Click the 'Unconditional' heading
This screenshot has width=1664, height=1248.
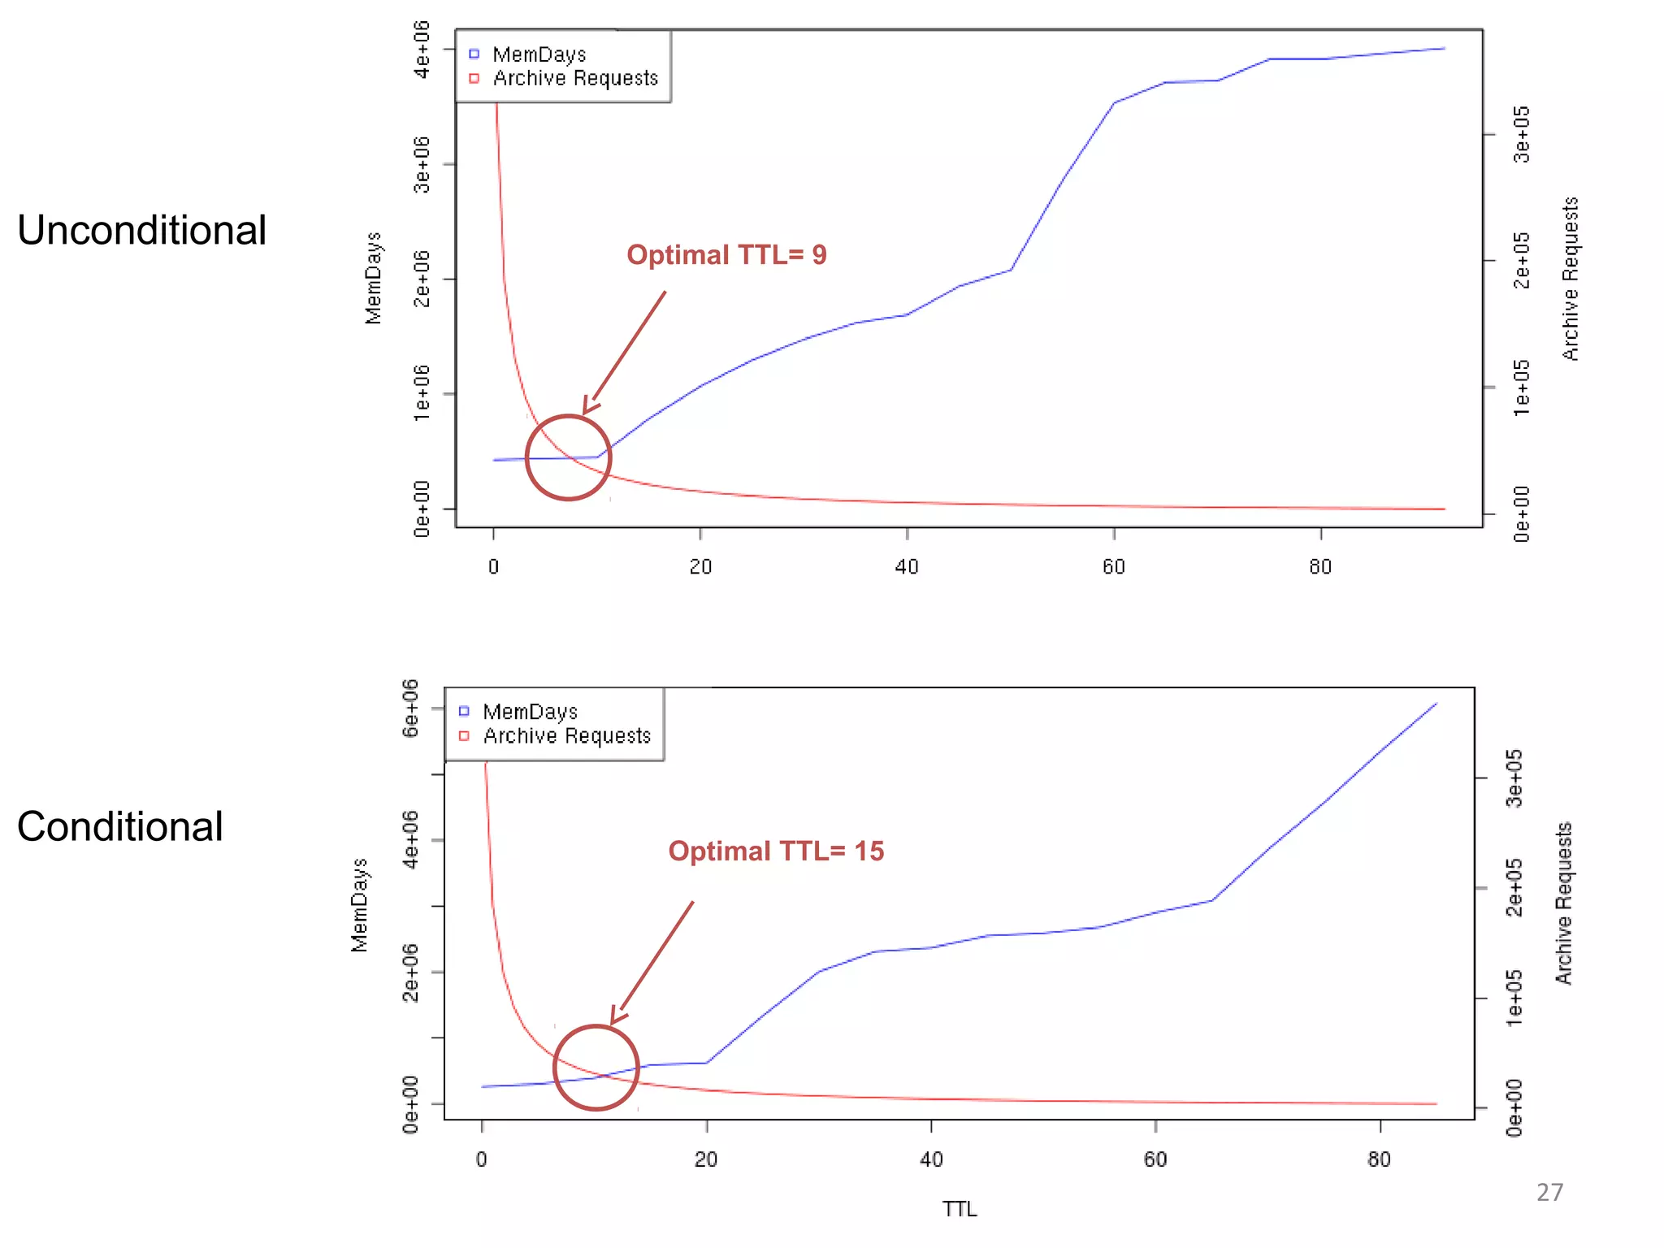click(141, 231)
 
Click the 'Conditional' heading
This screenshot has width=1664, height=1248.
click(119, 827)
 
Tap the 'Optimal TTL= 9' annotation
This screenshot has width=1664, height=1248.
click(726, 255)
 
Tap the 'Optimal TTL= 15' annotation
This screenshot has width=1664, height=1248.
click(776, 851)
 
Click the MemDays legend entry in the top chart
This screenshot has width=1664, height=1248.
click(539, 54)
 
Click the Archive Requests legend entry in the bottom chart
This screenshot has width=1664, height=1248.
click(566, 736)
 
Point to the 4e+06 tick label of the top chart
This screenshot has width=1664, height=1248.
click(422, 50)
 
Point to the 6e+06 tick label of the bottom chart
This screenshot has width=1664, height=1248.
click(411, 708)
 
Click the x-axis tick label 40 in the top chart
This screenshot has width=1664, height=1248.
click(907, 567)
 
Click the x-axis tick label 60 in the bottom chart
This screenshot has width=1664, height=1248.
click(1155, 1159)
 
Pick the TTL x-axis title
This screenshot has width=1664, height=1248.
click(960, 1209)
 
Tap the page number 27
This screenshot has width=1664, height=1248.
click(1549, 1192)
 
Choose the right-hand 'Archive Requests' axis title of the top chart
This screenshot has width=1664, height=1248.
click(1571, 279)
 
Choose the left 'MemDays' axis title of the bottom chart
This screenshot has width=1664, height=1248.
click(359, 904)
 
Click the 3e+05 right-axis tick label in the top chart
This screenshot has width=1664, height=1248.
click(1522, 134)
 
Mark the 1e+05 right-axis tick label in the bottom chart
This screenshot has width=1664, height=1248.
click(1514, 998)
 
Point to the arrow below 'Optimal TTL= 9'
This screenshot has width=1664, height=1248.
click(625, 352)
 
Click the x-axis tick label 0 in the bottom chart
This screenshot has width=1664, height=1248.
click(482, 1159)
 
